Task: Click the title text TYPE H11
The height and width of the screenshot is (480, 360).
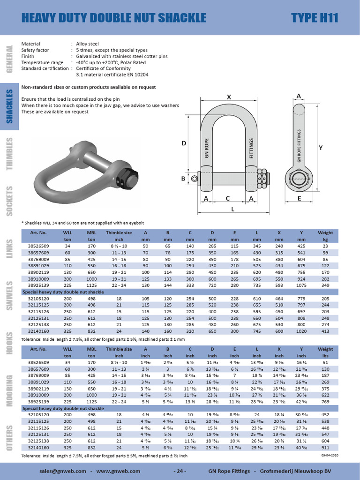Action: click(x=315, y=18)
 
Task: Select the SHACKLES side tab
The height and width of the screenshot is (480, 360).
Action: click(x=9, y=108)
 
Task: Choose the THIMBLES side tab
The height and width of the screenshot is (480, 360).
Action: click(x=9, y=154)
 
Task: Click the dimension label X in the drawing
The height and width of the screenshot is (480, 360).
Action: click(x=229, y=97)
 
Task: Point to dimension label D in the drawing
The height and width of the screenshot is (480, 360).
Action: click(x=184, y=143)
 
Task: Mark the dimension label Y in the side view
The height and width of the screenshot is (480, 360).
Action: click(x=321, y=148)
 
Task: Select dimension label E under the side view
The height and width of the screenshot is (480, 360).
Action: click(x=299, y=199)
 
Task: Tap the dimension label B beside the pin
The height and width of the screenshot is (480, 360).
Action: click(x=184, y=179)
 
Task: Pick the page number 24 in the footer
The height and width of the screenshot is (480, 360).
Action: click(x=180, y=471)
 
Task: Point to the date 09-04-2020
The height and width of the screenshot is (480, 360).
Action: click(x=330, y=454)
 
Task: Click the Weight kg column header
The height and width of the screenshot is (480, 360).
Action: click(x=325, y=236)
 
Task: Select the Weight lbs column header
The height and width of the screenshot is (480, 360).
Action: click(x=325, y=352)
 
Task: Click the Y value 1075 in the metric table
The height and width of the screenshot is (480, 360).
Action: click(x=301, y=285)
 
